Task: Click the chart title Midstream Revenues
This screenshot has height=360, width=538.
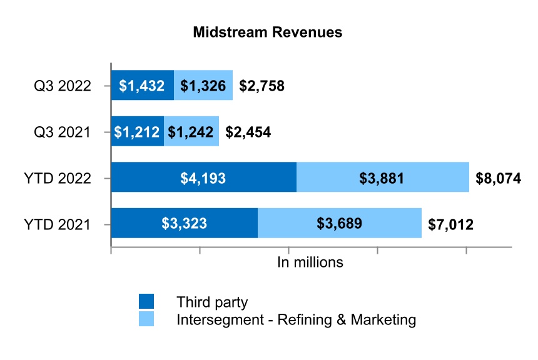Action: pyautogui.click(x=268, y=32)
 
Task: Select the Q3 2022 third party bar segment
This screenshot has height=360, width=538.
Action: pyautogui.click(x=142, y=86)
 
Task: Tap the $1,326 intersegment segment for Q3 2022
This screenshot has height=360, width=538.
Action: pyautogui.click(x=203, y=86)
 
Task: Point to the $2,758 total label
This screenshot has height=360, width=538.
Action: pyautogui.click(x=261, y=86)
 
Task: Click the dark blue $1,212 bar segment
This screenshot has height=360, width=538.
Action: pyautogui.click(x=137, y=132)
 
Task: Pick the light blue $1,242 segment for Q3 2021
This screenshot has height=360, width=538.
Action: pyautogui.click(x=191, y=132)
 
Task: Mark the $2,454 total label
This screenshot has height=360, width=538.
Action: pyautogui.click(x=248, y=132)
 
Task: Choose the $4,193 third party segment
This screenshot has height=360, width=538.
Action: pyautogui.click(x=203, y=178)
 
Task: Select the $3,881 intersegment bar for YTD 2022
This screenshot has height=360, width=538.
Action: pyautogui.click(x=382, y=178)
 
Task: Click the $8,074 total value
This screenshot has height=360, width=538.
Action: pyautogui.click(x=499, y=179)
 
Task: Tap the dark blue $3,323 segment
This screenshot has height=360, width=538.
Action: pyautogui.click(x=184, y=224)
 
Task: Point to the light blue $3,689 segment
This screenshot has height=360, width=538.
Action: pyautogui.click(x=340, y=224)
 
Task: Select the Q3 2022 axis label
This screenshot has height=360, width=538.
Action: pyautogui.click(x=63, y=86)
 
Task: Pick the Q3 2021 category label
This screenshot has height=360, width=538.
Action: pyautogui.click(x=63, y=132)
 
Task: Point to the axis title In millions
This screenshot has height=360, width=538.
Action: pyautogui.click(x=310, y=262)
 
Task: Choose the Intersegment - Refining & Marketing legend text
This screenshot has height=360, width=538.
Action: pyautogui.click(x=297, y=320)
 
